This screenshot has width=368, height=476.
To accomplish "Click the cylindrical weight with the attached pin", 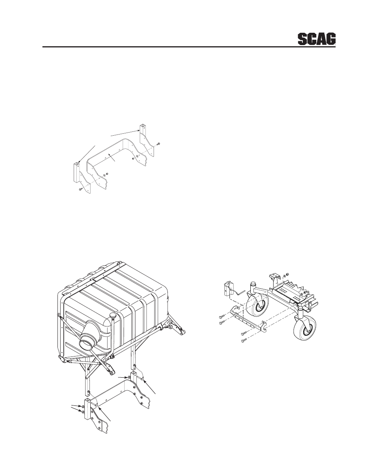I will pos(229,289).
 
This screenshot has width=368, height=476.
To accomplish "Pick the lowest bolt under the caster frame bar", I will pos(243,341).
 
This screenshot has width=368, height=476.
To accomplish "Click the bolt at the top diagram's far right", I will pos(158,144).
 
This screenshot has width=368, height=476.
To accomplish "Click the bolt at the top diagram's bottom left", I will pos(79,189).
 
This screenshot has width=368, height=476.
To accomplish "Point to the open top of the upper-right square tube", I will pos(142,126).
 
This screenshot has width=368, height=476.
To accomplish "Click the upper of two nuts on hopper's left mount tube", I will pos(83,406).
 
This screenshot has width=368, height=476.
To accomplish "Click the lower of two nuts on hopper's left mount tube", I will pos(83,411).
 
